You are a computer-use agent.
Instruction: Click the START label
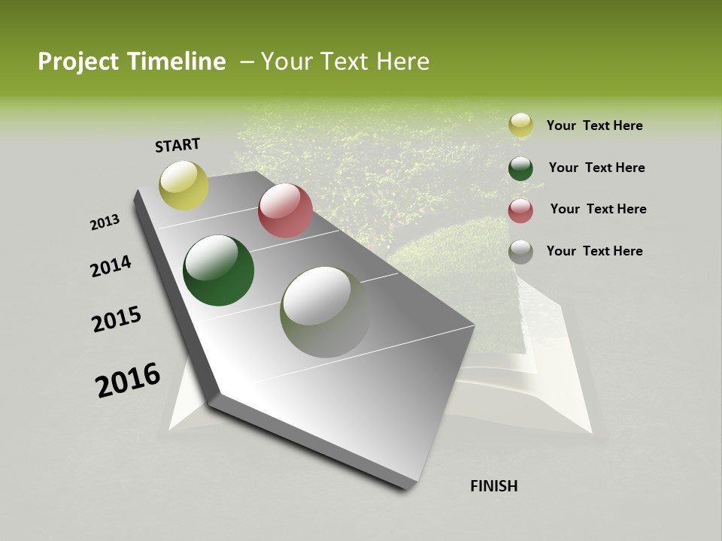point(177,145)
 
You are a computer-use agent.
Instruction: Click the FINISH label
point(494,486)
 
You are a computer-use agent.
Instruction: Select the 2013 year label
point(105,222)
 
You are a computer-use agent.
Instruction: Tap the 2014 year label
point(111,266)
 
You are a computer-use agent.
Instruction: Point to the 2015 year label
point(117,319)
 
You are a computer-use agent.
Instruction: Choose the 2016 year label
point(128,379)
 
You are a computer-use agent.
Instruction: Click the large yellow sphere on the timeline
point(184,186)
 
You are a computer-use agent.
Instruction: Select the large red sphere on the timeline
point(285,210)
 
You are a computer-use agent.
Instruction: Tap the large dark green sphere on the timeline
point(218,270)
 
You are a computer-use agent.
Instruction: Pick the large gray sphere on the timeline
point(326,312)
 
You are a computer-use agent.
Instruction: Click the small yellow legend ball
point(520,125)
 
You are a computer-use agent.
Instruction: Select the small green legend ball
point(520,168)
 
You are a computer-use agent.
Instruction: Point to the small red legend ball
point(520,210)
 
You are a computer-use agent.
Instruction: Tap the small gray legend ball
point(520,252)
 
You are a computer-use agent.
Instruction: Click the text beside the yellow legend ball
point(594,125)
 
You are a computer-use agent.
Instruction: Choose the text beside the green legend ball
point(596,168)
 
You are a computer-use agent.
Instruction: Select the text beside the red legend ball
point(598,209)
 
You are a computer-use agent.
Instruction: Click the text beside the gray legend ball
point(594,251)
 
